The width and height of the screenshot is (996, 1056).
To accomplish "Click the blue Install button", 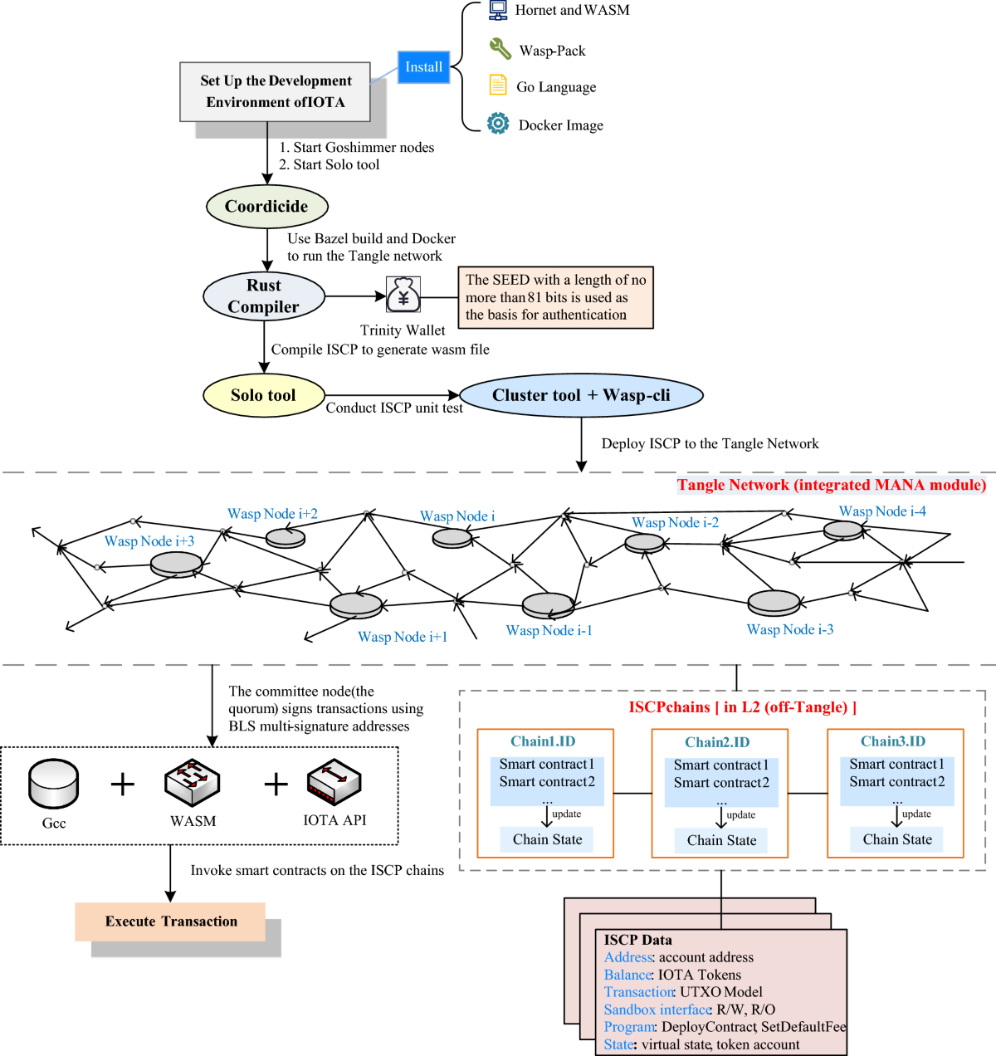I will pos(423,67).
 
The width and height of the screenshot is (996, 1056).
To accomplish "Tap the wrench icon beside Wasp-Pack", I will pos(500,49).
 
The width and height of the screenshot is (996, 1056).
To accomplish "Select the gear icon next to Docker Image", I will pos(498,124).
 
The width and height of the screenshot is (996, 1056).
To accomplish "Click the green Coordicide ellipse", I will pos(266,207).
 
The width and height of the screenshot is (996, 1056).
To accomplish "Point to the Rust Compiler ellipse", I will pos(264,296).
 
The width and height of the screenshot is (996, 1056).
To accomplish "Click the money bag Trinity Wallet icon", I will pos(403,295).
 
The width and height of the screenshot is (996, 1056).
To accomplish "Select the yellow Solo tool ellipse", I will pos(263,395).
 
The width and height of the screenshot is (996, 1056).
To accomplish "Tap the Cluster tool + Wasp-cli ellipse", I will pos(581,395).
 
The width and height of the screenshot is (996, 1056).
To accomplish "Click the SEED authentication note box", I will pos(555,297).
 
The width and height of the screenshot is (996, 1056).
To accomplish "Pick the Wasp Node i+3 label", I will pos(149,541).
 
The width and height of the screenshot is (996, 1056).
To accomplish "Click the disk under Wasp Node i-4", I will pos(843,530).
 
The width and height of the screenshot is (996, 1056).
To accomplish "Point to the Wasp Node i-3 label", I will pos(789,629).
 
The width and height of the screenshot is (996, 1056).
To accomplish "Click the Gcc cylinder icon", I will pos(54,784).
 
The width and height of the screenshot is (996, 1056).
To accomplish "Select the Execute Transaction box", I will pos(170,922).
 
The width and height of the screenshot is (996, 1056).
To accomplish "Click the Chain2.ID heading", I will pos(717,742).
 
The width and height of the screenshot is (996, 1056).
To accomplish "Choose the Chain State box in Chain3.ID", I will pos(896,839).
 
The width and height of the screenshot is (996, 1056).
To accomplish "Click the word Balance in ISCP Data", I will pos(627,975).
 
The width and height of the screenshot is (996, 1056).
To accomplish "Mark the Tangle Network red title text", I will pos(831,485).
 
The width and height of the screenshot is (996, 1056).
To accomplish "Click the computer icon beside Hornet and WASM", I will pos(498,10).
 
